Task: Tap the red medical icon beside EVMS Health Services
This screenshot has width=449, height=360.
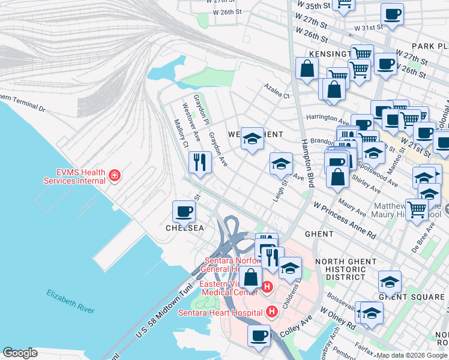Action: (x=114, y=176)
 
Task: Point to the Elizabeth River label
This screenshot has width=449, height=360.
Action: (x=71, y=301)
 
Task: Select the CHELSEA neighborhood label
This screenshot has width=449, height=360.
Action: (x=185, y=229)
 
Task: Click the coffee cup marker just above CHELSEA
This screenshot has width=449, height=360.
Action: (x=184, y=211)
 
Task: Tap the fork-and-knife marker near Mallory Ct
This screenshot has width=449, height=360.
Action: (x=199, y=161)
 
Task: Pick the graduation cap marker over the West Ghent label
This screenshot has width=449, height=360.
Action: (x=253, y=139)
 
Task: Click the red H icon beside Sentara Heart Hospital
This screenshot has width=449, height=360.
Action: (x=272, y=312)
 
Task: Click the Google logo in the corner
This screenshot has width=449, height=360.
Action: (x=20, y=353)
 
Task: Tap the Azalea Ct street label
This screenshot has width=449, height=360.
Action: (x=277, y=91)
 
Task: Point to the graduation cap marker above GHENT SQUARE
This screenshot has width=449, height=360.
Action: (x=390, y=280)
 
